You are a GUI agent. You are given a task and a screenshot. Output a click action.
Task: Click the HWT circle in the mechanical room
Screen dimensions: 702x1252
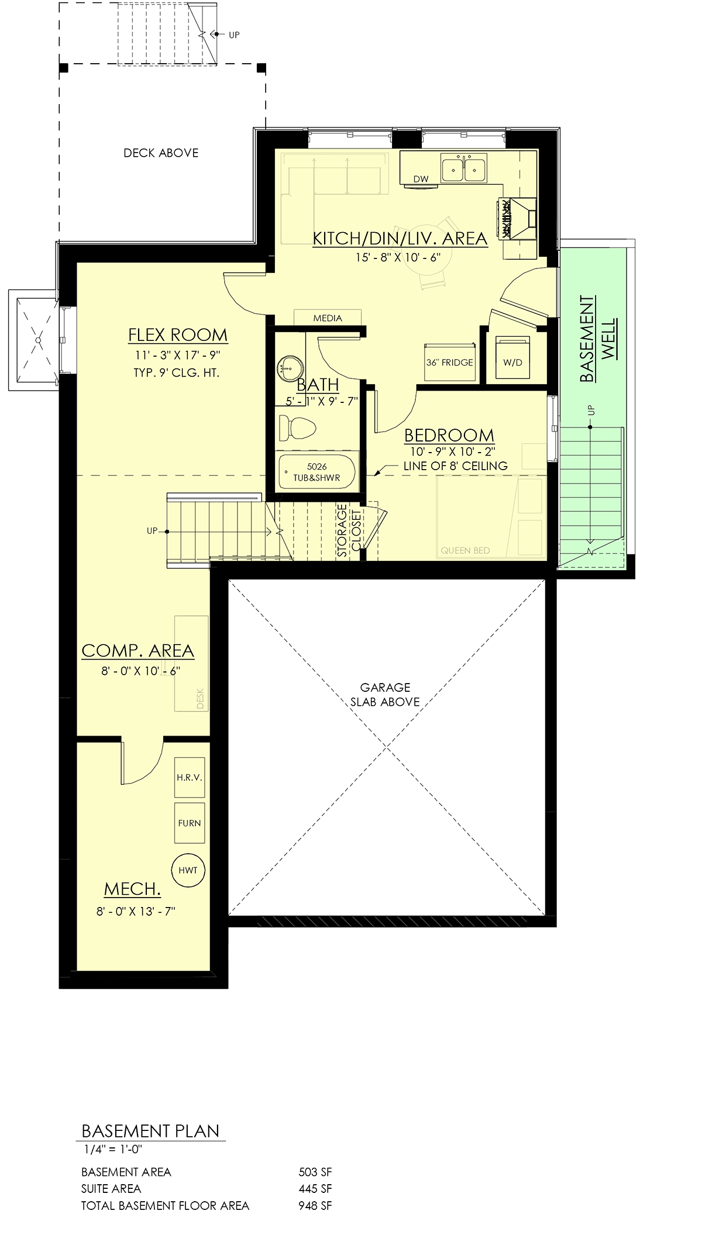[x=188, y=870]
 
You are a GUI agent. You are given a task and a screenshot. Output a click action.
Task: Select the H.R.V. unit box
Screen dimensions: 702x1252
[x=190, y=778]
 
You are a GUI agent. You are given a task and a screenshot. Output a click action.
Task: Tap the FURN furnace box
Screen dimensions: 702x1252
[x=190, y=823]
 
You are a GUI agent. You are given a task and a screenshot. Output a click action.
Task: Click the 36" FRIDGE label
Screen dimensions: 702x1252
[x=449, y=363]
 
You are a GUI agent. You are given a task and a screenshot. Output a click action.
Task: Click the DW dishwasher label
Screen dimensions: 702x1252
[x=421, y=179]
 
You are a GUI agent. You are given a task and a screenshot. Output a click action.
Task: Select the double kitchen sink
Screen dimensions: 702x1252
[x=464, y=170]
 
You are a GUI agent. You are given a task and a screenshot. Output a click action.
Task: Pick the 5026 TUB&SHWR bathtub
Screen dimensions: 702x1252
[x=317, y=471]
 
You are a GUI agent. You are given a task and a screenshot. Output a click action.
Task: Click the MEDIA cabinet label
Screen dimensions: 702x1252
[x=328, y=318]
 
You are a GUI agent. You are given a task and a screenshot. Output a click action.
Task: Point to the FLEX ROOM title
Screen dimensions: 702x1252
[x=178, y=336]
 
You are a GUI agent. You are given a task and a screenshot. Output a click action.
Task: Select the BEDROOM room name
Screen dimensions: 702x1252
[x=449, y=436]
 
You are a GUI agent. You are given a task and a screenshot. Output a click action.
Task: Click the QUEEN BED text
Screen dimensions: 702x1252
[x=466, y=550]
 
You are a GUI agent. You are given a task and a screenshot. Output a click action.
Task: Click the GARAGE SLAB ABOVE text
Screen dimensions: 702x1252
[x=385, y=695]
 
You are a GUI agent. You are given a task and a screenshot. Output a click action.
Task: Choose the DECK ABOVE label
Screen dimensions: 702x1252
[x=161, y=153]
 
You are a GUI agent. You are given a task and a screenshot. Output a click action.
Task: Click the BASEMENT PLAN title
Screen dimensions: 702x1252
[x=150, y=1130]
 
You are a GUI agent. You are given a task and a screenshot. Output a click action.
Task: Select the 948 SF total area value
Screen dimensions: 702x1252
[x=315, y=1205]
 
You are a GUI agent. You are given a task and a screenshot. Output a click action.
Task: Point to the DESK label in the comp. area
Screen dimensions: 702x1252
[x=201, y=698]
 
